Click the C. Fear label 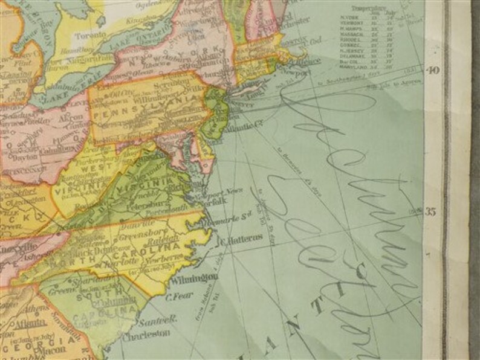coord(178,295)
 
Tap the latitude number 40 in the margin coord(432,70)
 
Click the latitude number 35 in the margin coord(432,211)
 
